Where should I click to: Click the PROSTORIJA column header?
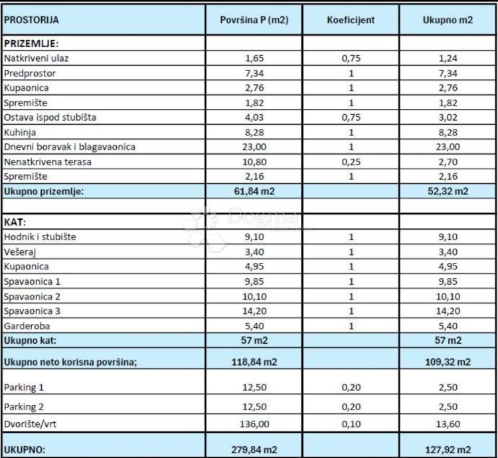pos(32,20)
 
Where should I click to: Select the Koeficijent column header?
pos(351,20)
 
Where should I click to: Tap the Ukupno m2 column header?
pos(448,20)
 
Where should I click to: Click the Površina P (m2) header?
pos(254,20)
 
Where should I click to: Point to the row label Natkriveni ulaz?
pos(37,58)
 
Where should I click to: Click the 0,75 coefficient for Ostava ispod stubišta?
pos(351,117)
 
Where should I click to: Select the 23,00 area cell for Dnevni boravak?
pos(254,147)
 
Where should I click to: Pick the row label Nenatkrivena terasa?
pos(48,161)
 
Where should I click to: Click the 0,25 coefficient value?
pos(351,161)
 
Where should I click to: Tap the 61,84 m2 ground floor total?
pos(254,191)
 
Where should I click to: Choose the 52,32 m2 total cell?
pos(448,191)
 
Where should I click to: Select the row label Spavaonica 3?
pos(33,311)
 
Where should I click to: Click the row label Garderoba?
pos(27,326)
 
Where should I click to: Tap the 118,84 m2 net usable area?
pos(254,362)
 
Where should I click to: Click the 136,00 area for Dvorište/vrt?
pos(254,425)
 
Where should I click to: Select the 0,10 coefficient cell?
pos(351,425)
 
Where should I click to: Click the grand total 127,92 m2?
pos(448,449)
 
